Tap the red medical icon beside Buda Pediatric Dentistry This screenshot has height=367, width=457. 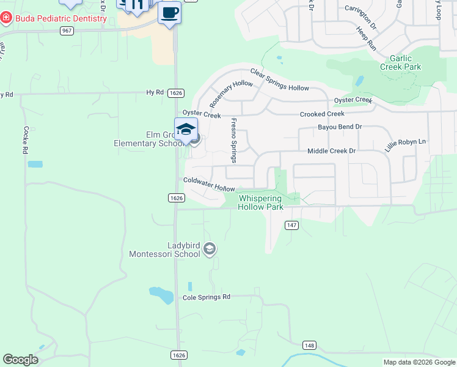5,18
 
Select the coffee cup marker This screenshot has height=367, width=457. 169,13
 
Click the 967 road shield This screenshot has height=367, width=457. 67,30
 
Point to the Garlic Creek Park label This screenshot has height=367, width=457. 400,62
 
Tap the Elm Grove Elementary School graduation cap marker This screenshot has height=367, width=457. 186,130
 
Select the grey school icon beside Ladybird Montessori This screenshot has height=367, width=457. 210,248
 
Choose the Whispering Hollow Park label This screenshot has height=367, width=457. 261,202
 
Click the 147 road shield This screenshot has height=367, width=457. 291,226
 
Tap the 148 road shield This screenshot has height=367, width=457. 309,346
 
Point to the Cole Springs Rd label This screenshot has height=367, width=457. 207,297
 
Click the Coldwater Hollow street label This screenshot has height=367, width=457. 210,183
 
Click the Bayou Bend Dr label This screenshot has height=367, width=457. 340,127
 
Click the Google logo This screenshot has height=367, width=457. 21,360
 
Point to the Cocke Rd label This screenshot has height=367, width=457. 26,140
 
